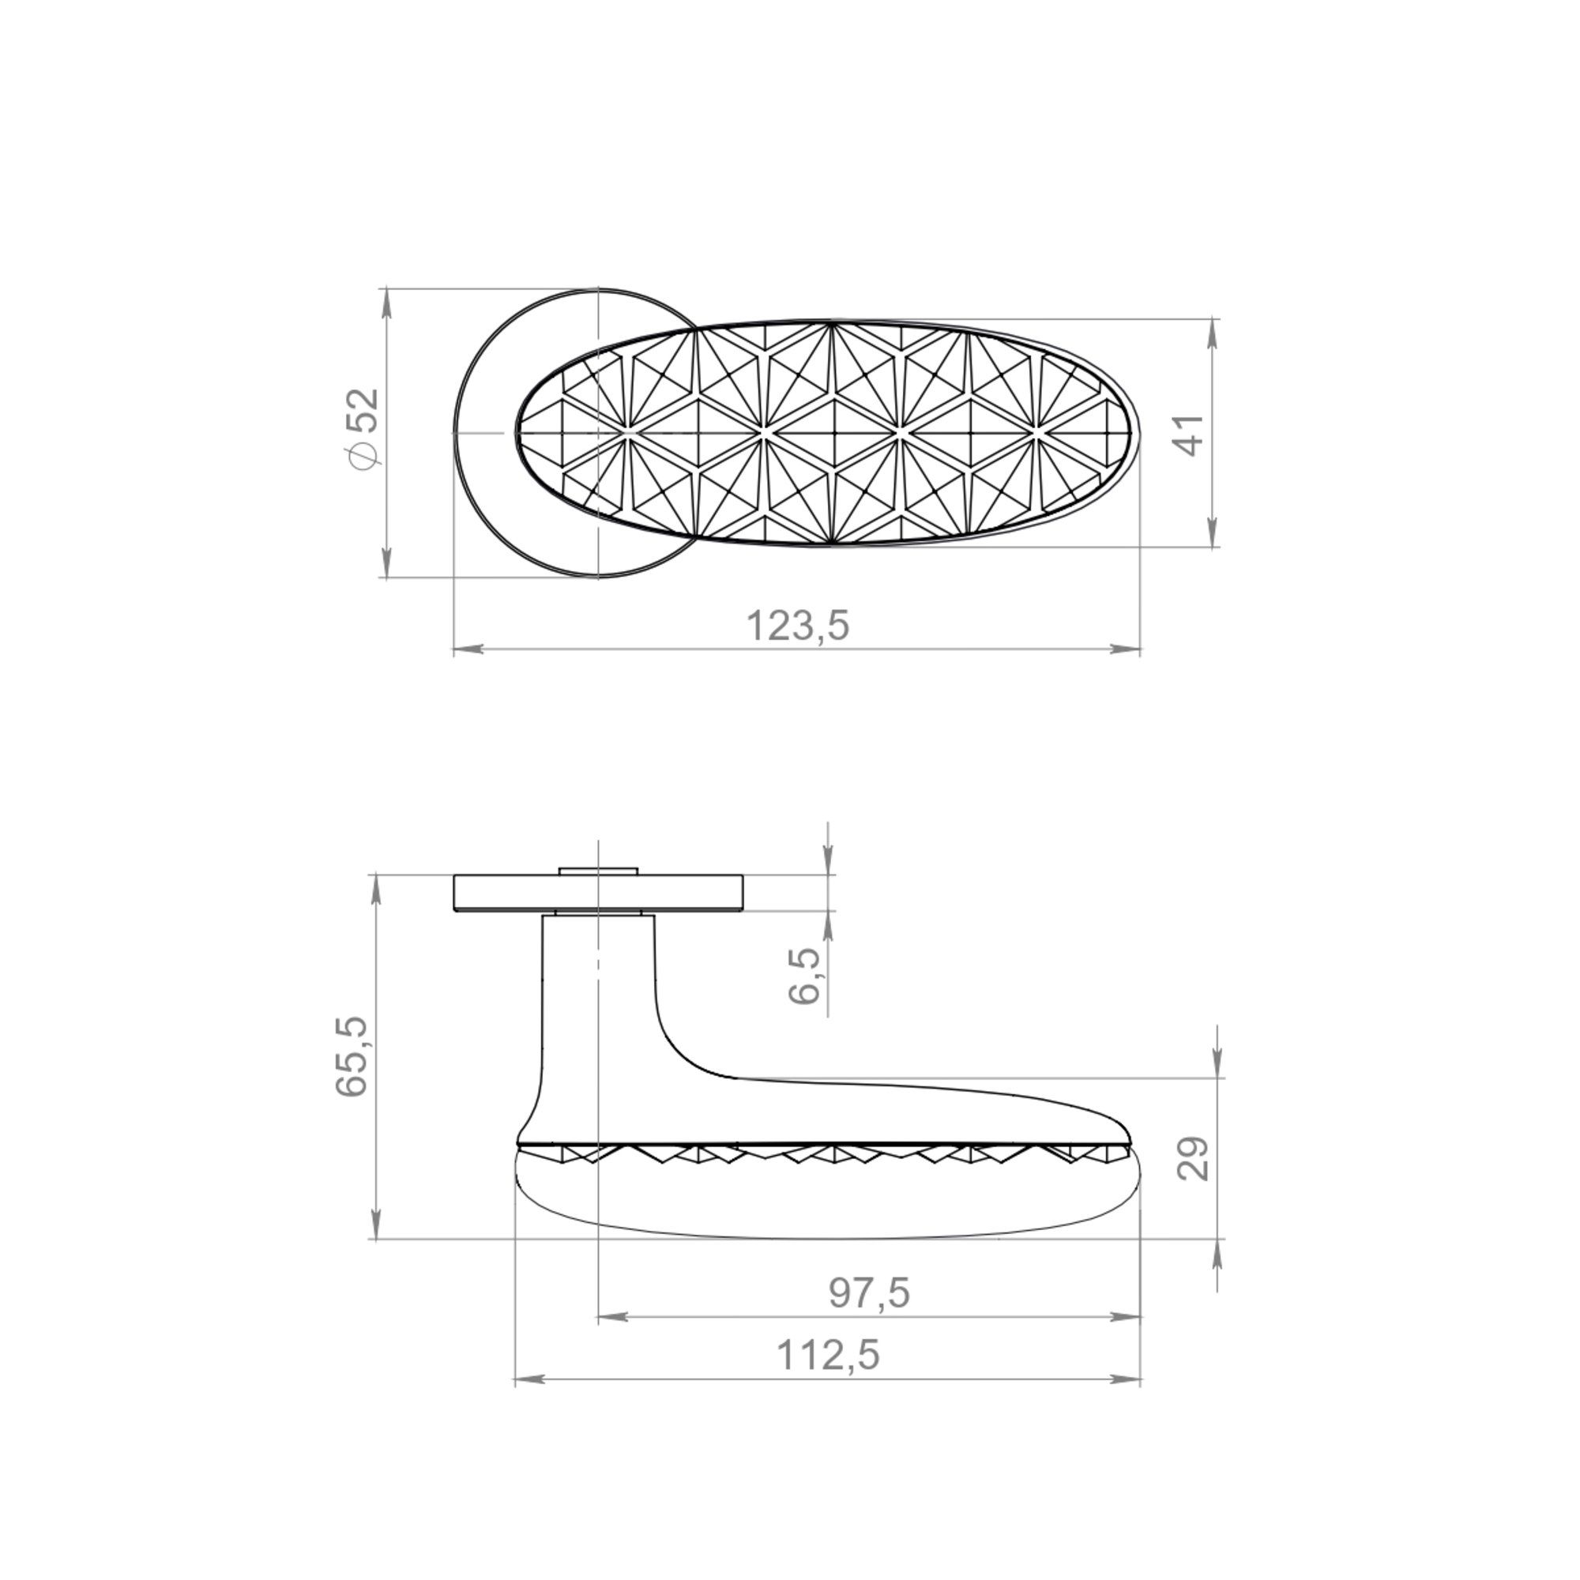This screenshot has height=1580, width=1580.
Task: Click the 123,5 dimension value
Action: click(798, 626)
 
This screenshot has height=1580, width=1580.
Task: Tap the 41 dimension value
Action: click(1190, 434)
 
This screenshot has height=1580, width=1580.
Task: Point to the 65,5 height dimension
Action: click(352, 1055)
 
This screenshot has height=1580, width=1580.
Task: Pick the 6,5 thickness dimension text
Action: click(804, 975)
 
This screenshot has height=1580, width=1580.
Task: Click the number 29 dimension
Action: click(1192, 1158)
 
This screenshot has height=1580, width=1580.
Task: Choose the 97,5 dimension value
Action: click(868, 1294)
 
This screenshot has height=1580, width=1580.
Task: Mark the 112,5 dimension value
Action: click(828, 1355)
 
